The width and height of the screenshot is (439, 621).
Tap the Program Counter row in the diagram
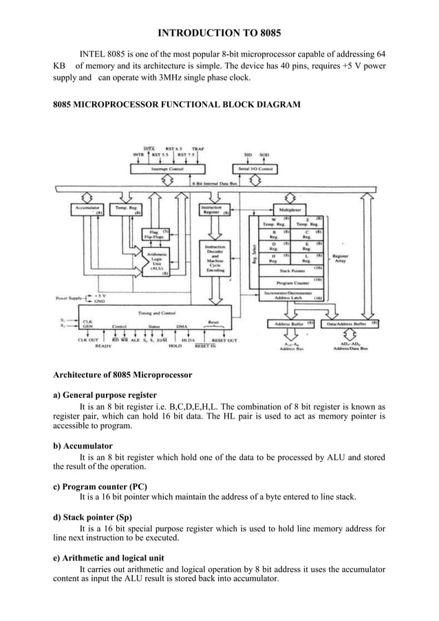click(x=293, y=282)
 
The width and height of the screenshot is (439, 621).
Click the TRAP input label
click(x=197, y=148)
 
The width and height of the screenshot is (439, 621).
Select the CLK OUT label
click(x=88, y=339)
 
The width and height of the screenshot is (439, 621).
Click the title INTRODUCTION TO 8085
click(x=219, y=33)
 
